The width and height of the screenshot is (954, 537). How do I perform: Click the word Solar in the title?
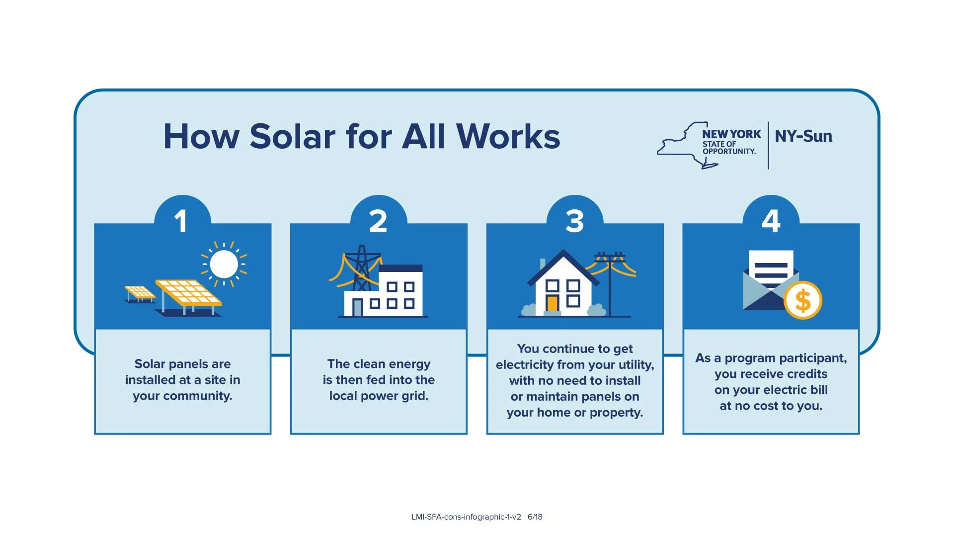pos(293,136)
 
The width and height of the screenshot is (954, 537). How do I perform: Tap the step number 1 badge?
pos(182,221)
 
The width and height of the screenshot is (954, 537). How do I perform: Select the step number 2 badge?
pos(378,221)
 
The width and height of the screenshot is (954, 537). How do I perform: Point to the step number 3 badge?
pos(574,221)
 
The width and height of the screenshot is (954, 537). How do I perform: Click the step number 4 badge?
pos(771,221)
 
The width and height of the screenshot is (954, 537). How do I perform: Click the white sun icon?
pos(224,264)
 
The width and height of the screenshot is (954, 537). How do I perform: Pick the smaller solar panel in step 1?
pos(140,292)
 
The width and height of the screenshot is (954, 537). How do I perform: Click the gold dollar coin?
pos(803,300)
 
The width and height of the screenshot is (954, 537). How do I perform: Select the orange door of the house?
pos(552,303)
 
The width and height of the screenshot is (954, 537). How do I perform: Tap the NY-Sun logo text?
pos(803,136)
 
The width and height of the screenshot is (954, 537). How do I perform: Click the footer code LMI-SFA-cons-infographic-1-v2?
pos(466,517)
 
